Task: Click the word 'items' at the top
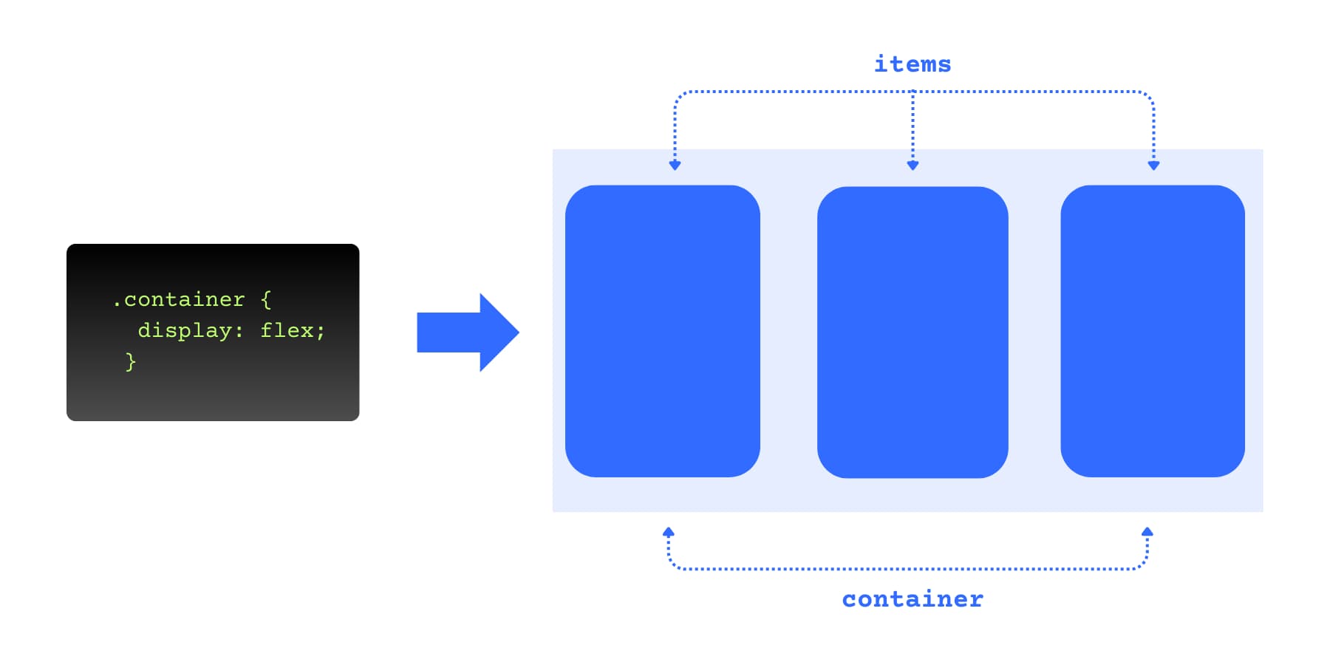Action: (x=913, y=64)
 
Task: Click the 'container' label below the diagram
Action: (x=913, y=598)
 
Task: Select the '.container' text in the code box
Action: (x=179, y=299)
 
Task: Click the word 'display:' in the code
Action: (x=190, y=330)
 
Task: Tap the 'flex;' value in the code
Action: (x=292, y=330)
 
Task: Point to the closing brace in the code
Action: (x=131, y=361)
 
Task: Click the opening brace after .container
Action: (x=266, y=299)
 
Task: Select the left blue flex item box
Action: (x=662, y=331)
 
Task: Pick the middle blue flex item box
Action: (x=913, y=332)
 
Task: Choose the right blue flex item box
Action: (x=1152, y=331)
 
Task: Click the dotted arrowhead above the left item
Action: (x=675, y=166)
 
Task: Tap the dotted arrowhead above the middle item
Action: (x=913, y=166)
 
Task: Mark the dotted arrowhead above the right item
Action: (x=1153, y=166)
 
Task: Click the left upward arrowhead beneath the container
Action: (x=668, y=531)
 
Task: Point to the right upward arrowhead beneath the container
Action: (x=1147, y=531)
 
